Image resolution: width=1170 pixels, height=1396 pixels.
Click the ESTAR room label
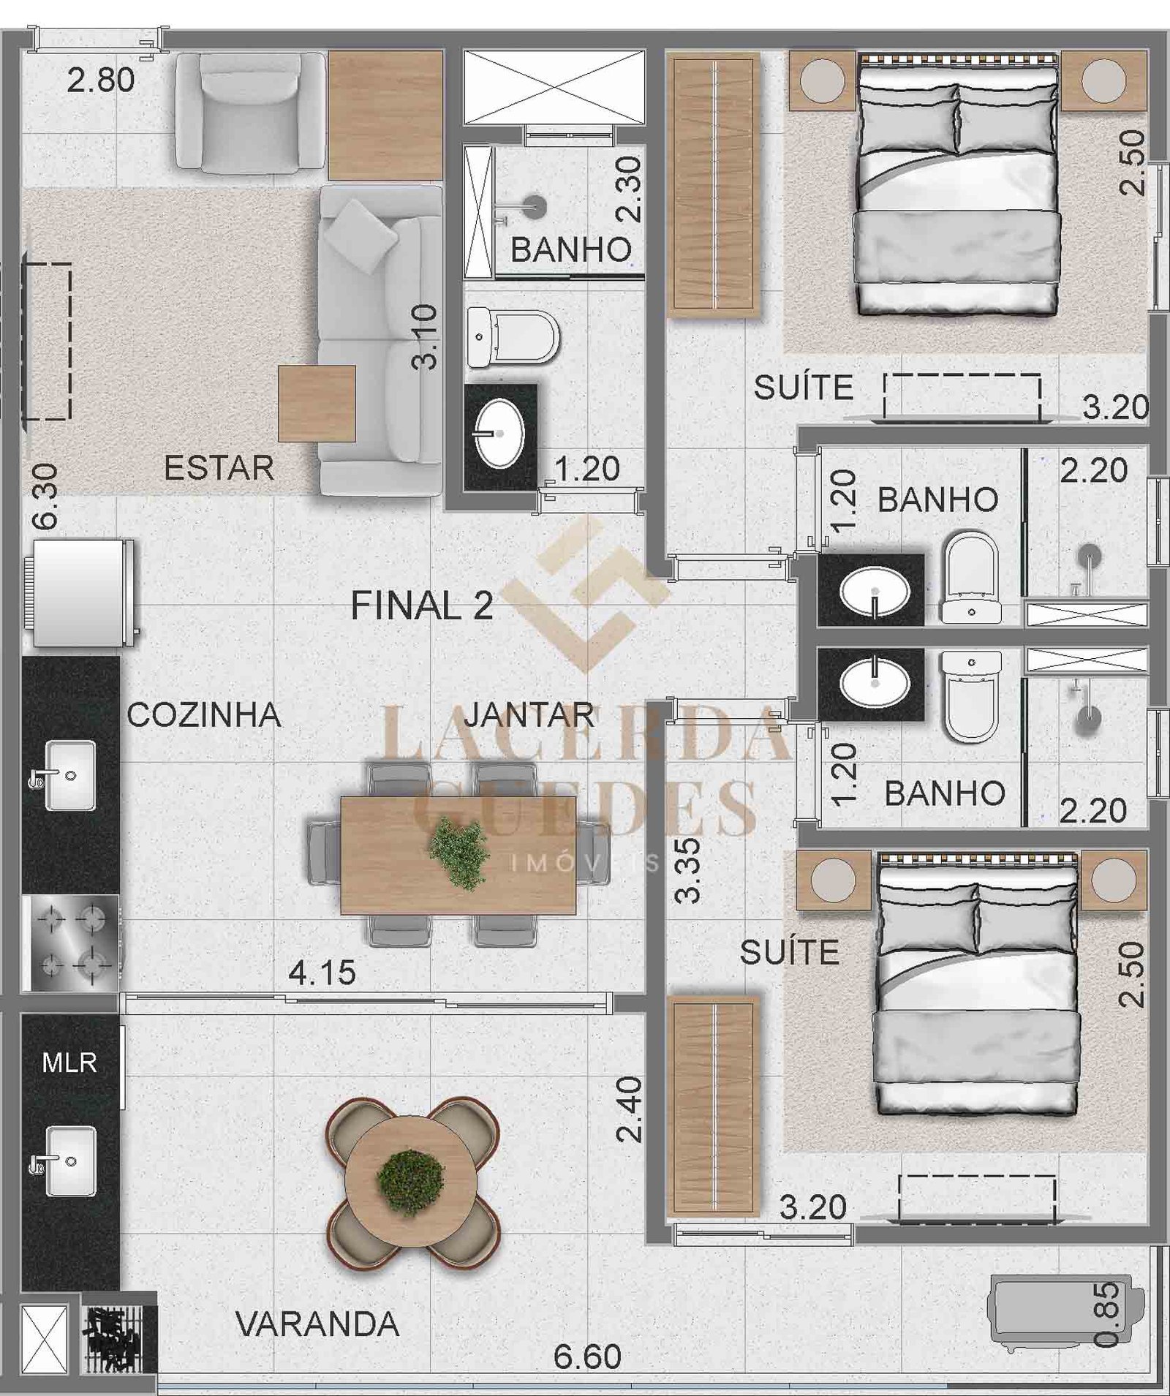point(219,468)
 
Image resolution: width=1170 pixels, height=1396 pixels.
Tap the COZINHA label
point(204,715)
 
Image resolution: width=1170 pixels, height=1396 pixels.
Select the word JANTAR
point(529,715)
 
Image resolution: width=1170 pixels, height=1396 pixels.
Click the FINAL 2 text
point(422,606)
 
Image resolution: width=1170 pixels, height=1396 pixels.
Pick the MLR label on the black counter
point(69,1063)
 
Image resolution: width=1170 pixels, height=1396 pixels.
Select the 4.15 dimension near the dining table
point(322,973)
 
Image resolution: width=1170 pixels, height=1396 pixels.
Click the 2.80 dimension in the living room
point(101,80)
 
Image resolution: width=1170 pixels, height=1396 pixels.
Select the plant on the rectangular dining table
point(458,854)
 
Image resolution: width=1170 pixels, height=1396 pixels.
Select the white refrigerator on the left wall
point(80,593)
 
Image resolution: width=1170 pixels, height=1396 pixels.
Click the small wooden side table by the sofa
point(317,404)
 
